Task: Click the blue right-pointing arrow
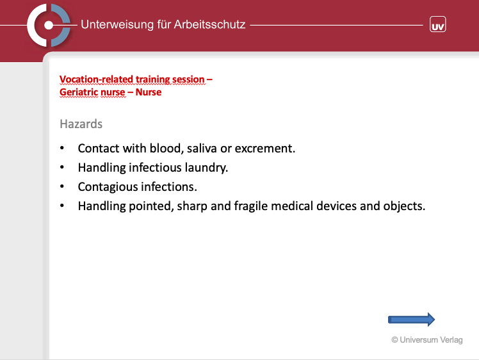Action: click(x=412, y=320)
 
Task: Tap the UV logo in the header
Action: click(x=438, y=24)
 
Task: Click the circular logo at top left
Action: click(x=49, y=25)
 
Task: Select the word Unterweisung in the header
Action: click(x=117, y=24)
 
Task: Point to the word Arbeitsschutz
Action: click(x=209, y=24)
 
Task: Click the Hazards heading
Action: click(x=81, y=124)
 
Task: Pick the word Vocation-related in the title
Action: click(x=96, y=79)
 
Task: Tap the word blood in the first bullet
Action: click(x=166, y=148)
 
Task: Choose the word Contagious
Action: click(x=108, y=187)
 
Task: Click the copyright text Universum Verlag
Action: click(x=427, y=340)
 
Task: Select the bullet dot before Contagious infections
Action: click(x=62, y=186)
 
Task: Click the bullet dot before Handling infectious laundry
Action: click(x=62, y=167)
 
